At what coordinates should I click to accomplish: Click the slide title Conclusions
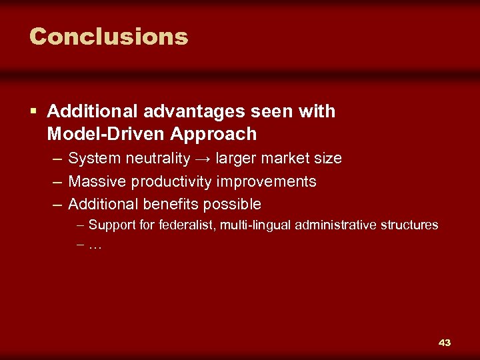pyautogui.click(x=109, y=36)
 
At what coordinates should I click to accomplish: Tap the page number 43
pyautogui.click(x=445, y=343)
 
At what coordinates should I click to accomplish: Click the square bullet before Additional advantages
pyautogui.click(x=35, y=112)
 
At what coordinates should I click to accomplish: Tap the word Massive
pyautogui.click(x=97, y=181)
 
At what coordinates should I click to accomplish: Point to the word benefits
pyautogui.click(x=171, y=204)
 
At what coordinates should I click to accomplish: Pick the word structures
pyautogui.click(x=409, y=225)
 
